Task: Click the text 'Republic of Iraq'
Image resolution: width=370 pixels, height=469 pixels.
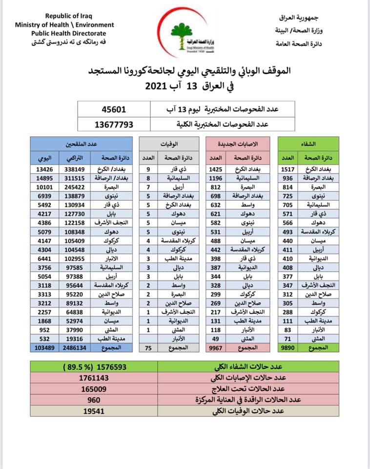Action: (64, 16)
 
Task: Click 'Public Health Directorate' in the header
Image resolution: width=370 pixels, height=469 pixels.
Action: (64, 33)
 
